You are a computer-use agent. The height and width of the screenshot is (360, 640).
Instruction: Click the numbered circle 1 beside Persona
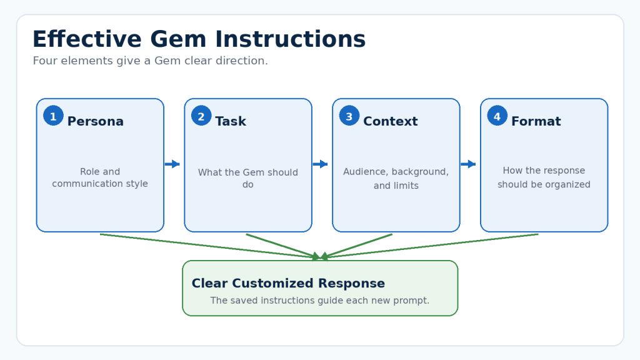[x=54, y=116]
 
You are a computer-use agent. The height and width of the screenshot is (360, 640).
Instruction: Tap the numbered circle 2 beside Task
[x=201, y=116]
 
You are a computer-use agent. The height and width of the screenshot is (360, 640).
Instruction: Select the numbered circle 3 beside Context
[x=349, y=116]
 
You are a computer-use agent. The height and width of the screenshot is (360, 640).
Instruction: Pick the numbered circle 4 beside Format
[x=497, y=116]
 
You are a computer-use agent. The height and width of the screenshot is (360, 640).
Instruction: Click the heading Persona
[x=95, y=121]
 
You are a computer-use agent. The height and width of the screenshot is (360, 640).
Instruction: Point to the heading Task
[x=231, y=121]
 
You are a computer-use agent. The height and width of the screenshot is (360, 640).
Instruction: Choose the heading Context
[x=390, y=121]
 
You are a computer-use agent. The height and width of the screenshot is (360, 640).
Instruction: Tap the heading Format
[x=536, y=121]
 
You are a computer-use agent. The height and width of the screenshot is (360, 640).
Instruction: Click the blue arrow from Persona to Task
[x=172, y=164]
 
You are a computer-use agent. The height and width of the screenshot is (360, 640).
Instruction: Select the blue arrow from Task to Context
[x=320, y=164]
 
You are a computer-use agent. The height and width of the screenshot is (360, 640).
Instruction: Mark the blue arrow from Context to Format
[x=468, y=164]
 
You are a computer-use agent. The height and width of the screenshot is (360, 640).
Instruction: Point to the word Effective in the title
[x=87, y=39]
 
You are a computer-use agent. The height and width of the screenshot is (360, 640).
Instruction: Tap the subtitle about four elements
[x=150, y=61]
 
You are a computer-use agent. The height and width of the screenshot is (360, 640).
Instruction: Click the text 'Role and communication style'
[x=100, y=177]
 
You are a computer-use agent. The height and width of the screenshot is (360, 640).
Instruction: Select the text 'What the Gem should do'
[x=248, y=178]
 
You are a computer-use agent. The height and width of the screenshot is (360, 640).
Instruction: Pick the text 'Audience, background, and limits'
[x=396, y=178]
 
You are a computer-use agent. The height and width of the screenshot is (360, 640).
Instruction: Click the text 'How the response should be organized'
[x=544, y=177]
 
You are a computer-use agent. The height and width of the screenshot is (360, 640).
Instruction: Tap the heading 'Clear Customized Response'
[x=288, y=283]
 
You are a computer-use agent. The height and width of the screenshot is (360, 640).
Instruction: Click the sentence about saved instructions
[x=319, y=301]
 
